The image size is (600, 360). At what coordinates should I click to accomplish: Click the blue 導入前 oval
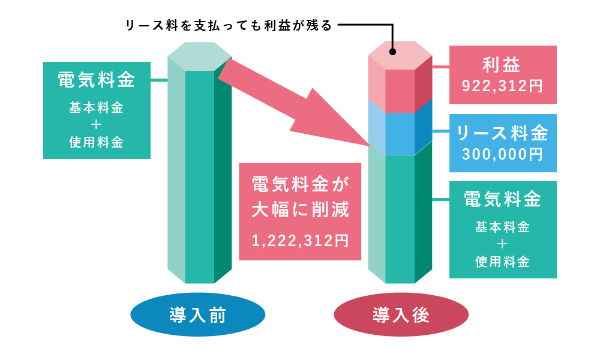(198, 314)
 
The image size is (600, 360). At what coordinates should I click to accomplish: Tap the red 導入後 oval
(401, 314)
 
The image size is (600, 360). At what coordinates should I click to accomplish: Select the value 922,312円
(502, 86)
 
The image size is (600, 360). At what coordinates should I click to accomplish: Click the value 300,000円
(502, 154)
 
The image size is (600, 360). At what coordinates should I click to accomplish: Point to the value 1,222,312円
(300, 241)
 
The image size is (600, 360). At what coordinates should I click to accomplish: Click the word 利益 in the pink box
(502, 65)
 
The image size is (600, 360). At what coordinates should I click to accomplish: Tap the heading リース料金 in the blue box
(502, 133)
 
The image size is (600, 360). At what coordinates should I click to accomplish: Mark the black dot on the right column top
(392, 52)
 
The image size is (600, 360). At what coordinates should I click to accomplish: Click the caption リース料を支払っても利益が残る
(229, 26)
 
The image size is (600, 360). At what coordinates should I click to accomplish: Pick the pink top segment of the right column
(400, 77)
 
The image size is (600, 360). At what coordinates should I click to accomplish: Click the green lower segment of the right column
(400, 214)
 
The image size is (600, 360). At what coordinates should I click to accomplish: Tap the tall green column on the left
(199, 163)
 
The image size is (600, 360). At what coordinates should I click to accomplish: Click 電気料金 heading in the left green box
(97, 80)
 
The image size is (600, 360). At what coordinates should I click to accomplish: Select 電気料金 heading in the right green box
(503, 199)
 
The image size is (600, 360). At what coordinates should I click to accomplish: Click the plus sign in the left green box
(96, 125)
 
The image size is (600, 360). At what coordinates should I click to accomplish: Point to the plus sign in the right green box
(502, 244)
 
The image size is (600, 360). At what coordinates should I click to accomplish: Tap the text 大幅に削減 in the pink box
(301, 209)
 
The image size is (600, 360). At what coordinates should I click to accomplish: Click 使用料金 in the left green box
(97, 142)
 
